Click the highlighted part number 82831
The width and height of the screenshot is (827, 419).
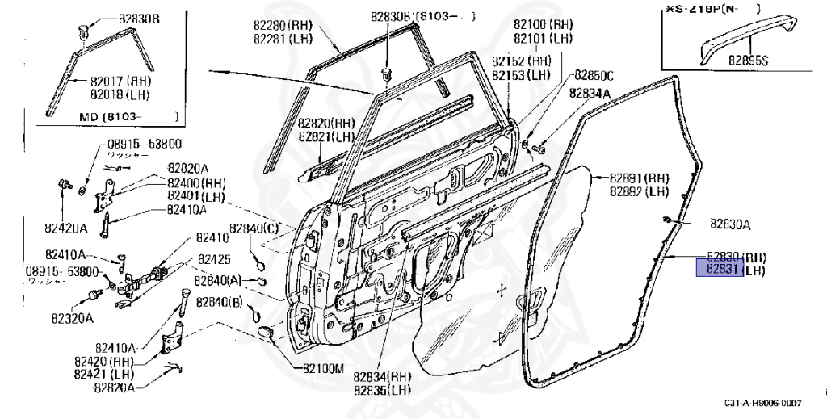(x=719, y=268)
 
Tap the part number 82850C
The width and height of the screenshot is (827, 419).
(x=594, y=75)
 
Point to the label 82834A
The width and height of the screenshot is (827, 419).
(x=590, y=93)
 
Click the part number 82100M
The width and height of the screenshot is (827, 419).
(x=324, y=367)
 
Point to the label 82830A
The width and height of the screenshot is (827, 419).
(x=730, y=224)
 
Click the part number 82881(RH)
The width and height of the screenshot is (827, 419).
(x=639, y=178)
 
